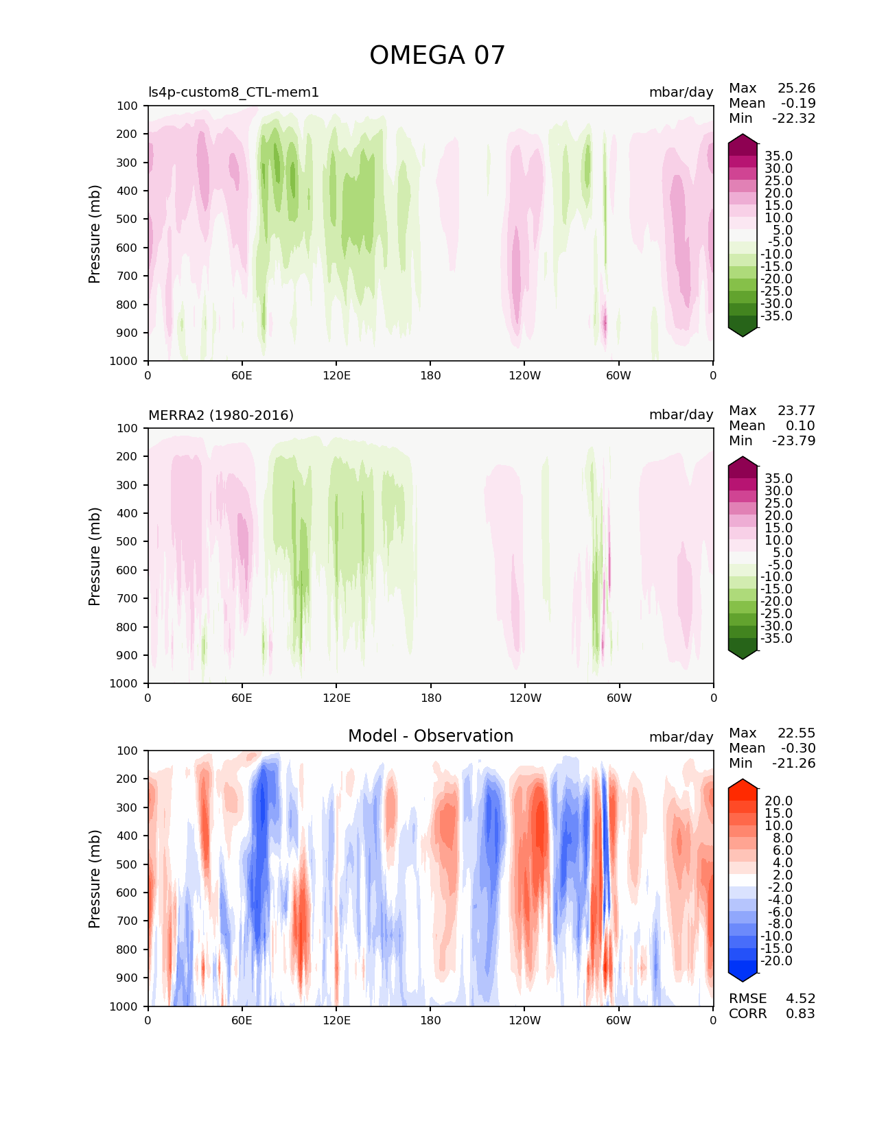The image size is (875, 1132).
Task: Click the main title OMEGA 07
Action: coord(437,56)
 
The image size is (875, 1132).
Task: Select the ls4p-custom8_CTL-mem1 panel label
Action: coord(233,93)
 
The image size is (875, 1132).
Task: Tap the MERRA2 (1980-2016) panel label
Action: coord(221,415)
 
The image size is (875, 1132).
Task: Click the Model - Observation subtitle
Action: coord(430,736)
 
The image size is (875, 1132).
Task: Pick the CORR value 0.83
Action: coord(800,1014)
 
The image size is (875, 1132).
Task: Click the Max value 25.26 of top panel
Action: coord(796,89)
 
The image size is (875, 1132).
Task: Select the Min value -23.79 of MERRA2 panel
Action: coord(793,441)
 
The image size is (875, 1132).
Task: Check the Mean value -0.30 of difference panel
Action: coord(798,748)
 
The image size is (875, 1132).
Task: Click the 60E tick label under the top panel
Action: coord(242,375)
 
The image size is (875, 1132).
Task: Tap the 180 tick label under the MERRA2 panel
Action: coord(430,698)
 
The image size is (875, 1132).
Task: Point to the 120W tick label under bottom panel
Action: coord(525,1020)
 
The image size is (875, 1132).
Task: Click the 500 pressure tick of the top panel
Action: coord(128,220)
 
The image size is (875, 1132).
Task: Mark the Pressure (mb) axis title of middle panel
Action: coord(95,556)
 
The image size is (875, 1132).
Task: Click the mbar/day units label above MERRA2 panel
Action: coord(681,415)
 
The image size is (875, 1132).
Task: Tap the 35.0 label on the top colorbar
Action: coord(778,156)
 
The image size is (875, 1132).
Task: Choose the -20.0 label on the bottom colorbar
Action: coord(776,961)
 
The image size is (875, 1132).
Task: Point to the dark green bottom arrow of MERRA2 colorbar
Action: coord(743,654)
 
